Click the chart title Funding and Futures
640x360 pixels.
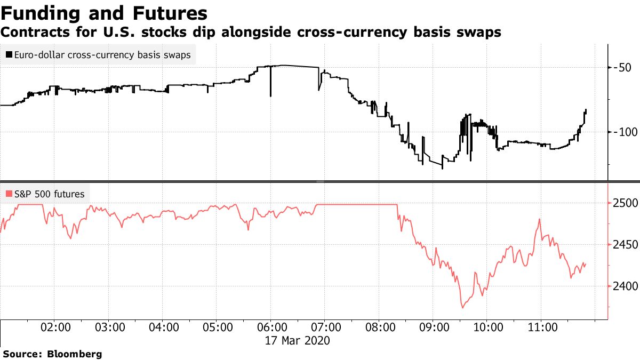105,13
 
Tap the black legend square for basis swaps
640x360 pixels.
9,54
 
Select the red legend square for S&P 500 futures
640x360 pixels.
9,194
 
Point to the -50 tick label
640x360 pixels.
623,67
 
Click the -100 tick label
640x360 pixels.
626,132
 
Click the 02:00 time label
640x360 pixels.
56,327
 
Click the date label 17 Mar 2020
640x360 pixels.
298,340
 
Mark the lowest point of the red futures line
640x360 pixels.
462,308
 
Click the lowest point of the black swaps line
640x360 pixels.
443,169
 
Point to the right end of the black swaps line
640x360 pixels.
586,110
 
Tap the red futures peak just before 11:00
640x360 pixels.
540,219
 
